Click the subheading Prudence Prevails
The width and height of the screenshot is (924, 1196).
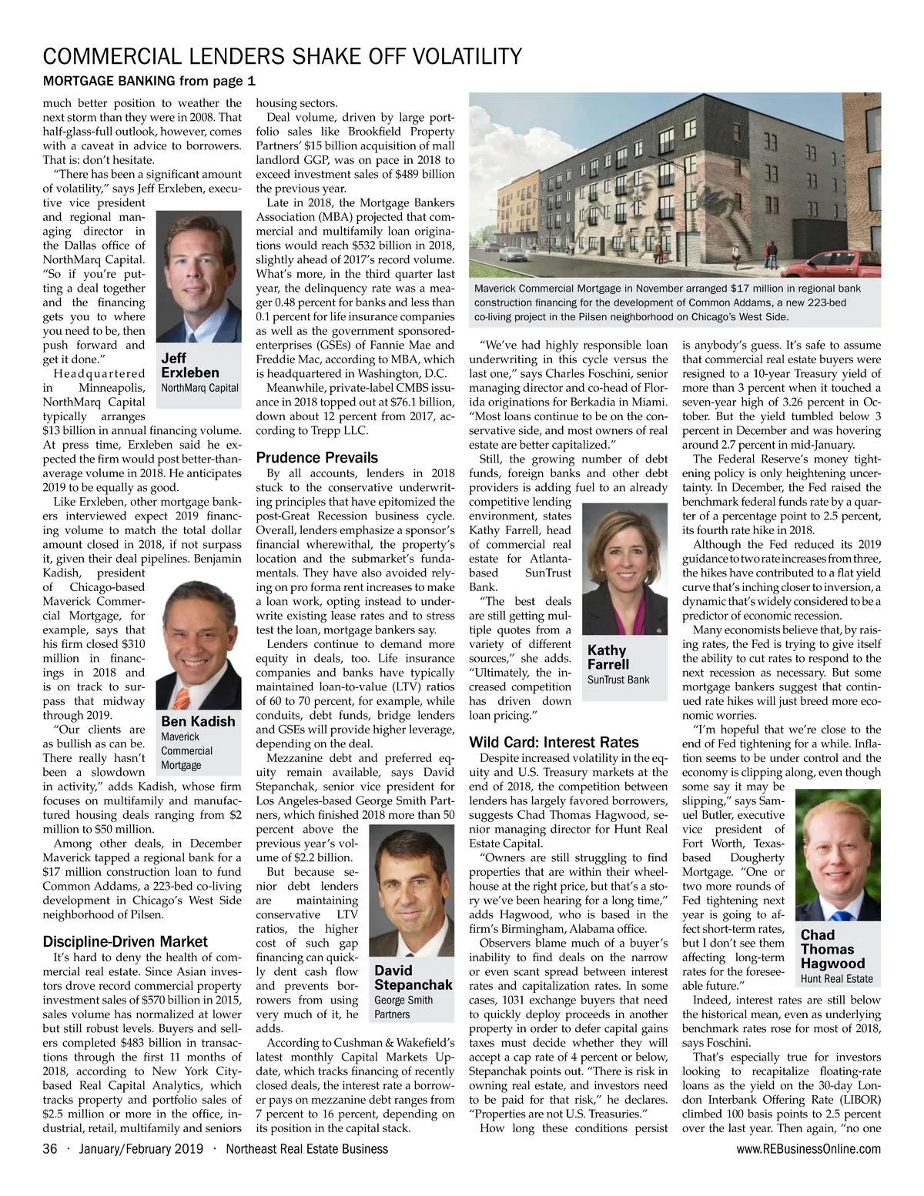[x=316, y=457]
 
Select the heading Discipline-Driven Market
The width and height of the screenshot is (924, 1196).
[x=125, y=941]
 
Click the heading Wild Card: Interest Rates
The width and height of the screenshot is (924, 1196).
[x=554, y=742]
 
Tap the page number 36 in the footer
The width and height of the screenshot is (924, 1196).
[x=51, y=1149]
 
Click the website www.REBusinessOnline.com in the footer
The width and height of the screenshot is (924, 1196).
[x=808, y=1149]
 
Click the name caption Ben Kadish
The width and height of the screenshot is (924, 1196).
[x=198, y=721]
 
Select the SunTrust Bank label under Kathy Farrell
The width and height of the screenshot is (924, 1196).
[x=618, y=680]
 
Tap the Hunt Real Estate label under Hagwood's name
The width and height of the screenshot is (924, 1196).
[x=836, y=979]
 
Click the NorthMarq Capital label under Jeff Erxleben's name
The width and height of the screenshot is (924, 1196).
[x=199, y=388]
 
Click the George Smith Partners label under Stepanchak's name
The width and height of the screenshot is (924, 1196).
[x=403, y=1007]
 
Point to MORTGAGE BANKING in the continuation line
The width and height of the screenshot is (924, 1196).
[x=109, y=81]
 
